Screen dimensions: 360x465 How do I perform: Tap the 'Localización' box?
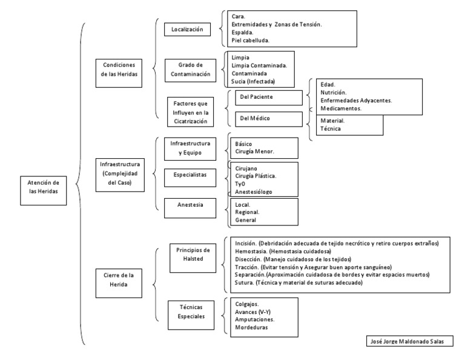coord(186,28)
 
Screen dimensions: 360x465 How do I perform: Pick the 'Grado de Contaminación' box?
coord(190,70)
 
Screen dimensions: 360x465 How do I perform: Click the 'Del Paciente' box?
coord(263,96)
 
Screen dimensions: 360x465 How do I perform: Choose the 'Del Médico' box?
coord(263,118)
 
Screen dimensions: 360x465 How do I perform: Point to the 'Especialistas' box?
coord(190,174)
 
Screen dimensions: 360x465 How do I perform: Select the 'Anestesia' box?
coord(190,205)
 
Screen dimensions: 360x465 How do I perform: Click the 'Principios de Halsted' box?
coord(193,254)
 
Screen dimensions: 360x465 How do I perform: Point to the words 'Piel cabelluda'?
coord(250,41)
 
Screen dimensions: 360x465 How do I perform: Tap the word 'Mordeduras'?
coord(252,327)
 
